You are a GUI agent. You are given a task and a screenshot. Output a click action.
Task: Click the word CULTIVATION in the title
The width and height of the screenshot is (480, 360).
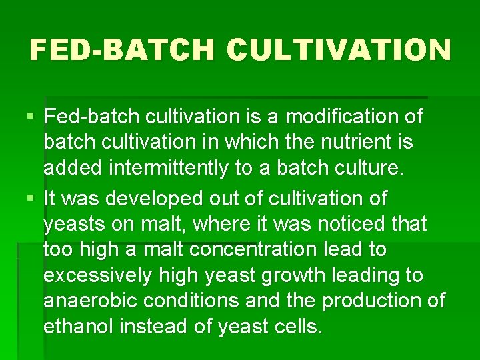coord(338,50)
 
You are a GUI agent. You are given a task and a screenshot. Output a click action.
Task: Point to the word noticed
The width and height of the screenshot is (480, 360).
coord(344,224)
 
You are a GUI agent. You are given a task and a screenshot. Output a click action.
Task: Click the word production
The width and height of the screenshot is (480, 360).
coord(369,301)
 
